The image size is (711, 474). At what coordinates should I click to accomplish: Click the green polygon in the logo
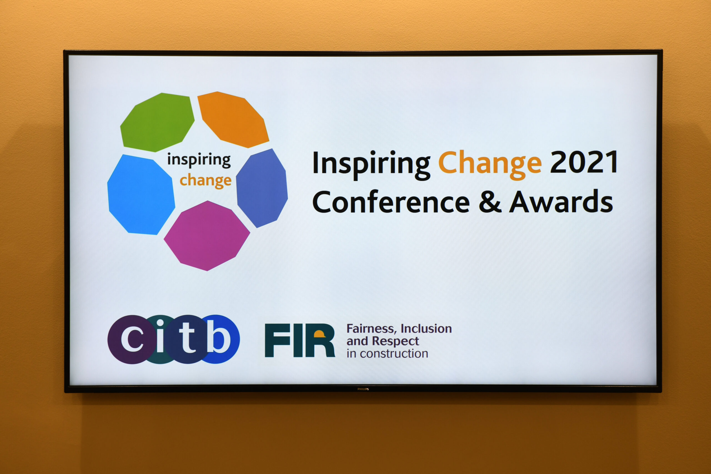tap(157, 122)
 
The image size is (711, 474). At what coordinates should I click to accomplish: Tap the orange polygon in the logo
tap(233, 120)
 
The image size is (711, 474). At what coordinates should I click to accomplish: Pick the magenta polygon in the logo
tap(207, 235)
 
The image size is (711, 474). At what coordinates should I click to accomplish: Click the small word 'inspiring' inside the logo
tap(199, 160)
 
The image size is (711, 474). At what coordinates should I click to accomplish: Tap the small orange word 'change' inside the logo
tap(206, 180)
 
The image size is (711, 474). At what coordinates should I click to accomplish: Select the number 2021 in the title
tap(584, 162)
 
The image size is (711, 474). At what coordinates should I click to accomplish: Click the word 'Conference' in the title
tap(391, 202)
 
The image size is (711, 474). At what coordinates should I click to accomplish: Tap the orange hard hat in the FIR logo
tap(319, 334)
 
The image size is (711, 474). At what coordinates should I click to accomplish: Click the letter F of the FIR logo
tap(277, 340)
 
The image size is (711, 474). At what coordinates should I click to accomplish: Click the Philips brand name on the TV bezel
tap(363, 389)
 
